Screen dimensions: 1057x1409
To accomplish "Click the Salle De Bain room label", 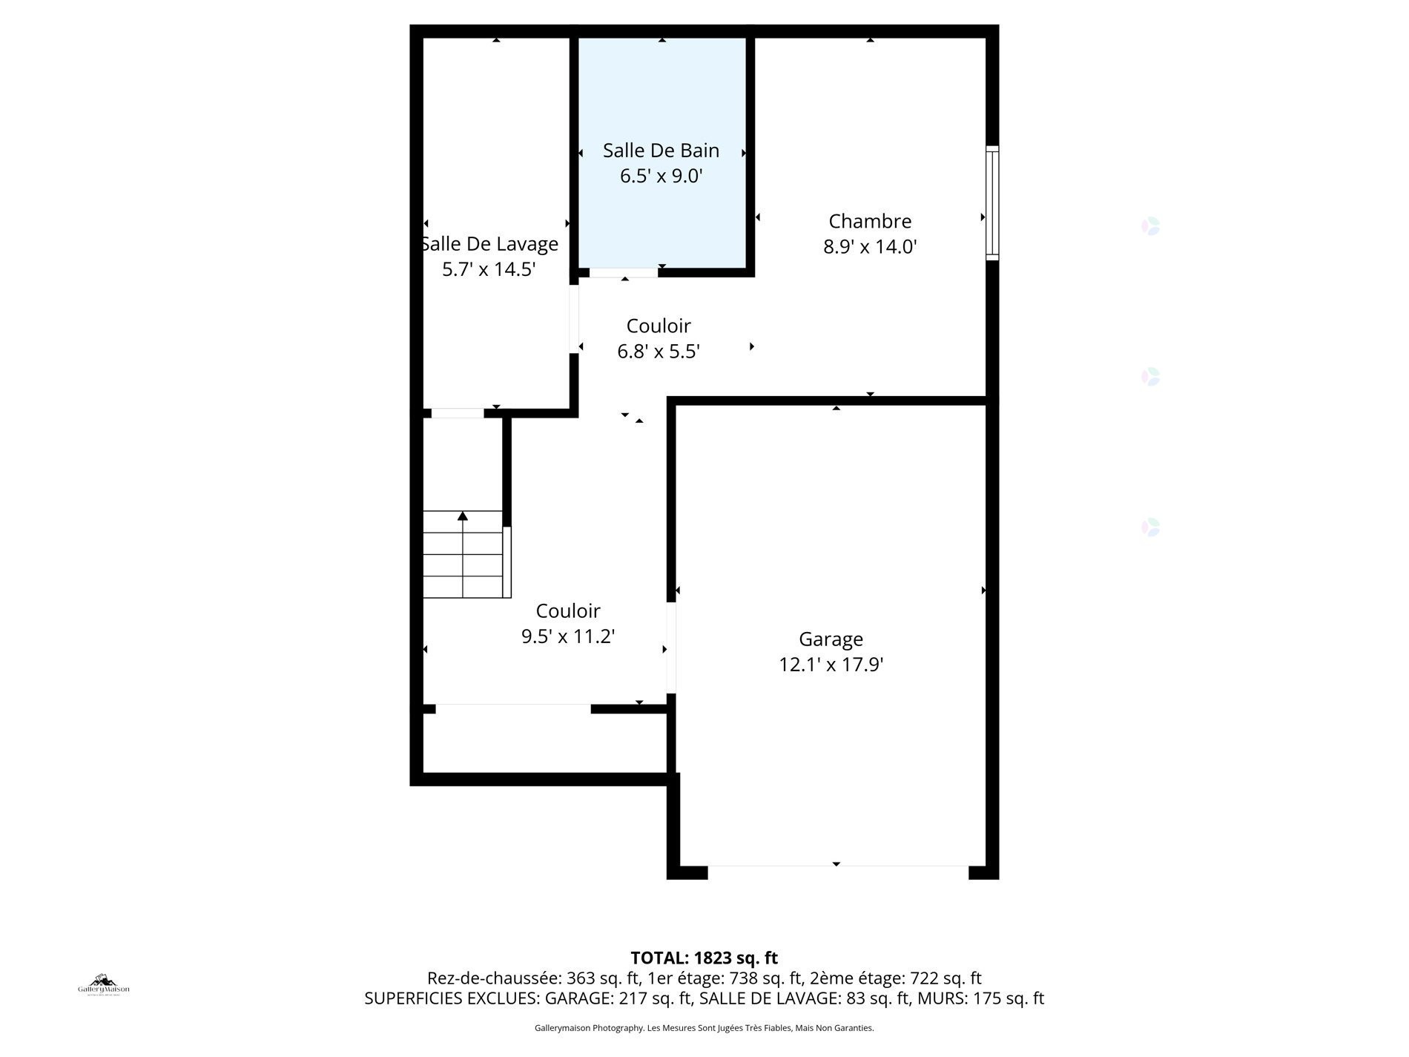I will click(x=661, y=151).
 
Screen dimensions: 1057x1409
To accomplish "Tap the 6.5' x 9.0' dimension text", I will click(x=661, y=177).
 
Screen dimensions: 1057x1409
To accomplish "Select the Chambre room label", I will click(x=870, y=221).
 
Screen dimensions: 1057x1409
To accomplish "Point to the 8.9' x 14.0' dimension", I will click(x=870, y=247).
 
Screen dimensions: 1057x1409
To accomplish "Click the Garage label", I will click(x=831, y=639).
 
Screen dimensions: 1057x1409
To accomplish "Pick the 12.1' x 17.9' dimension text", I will click(x=831, y=665).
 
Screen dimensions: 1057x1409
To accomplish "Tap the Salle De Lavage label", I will click(x=490, y=244).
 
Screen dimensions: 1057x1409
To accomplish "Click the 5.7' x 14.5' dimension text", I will click(x=489, y=269).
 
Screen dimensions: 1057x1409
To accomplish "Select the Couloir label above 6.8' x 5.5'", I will click(x=659, y=326).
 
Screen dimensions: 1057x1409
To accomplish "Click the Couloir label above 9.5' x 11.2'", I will click(x=568, y=610).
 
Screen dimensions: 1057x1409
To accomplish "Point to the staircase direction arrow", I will click(x=463, y=516).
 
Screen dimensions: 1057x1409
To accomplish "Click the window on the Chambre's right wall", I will click(x=991, y=202).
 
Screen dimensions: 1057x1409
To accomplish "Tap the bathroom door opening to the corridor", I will click(x=623, y=273).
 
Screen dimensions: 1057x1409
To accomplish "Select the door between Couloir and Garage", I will click(x=670, y=648).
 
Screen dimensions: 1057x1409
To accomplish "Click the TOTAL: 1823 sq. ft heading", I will click(x=704, y=958).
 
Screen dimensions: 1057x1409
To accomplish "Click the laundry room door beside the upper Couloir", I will click(x=574, y=319).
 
